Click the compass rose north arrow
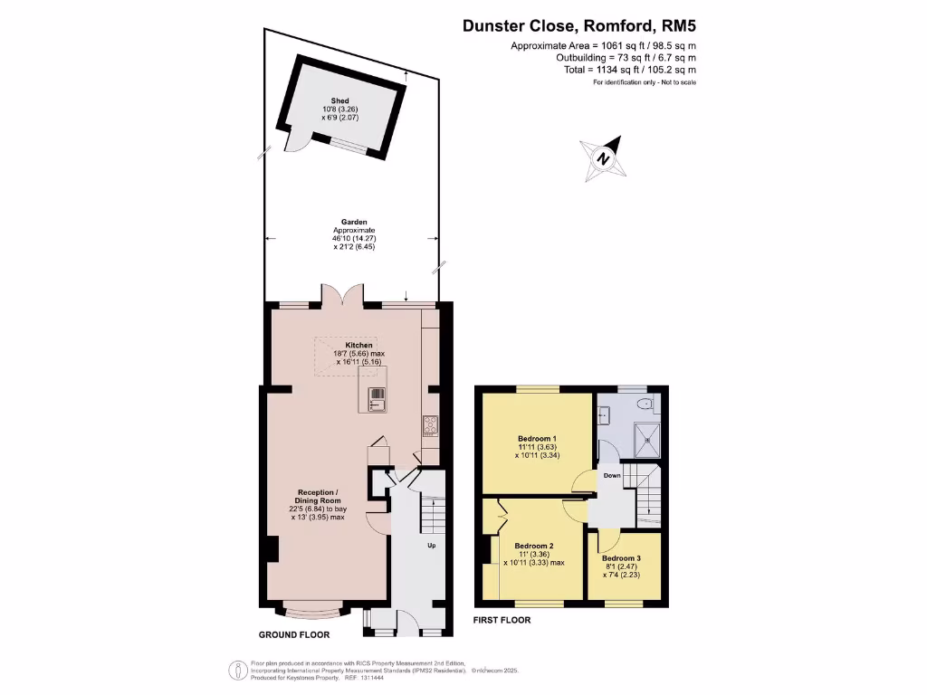point(602,157)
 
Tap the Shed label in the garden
point(339,100)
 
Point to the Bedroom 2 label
point(533,546)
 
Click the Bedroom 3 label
point(622,558)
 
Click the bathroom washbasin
point(603,415)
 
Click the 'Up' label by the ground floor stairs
point(432,546)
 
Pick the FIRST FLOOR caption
point(502,620)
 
